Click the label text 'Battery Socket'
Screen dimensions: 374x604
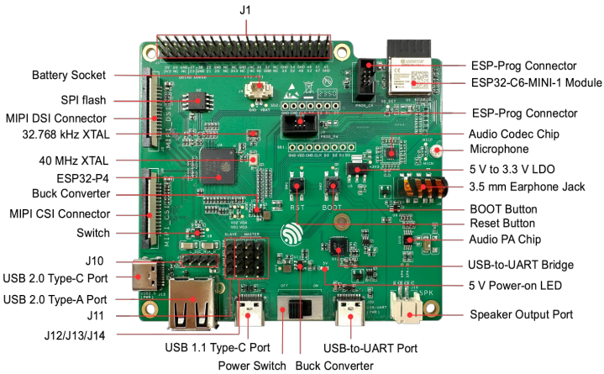(x=68, y=75)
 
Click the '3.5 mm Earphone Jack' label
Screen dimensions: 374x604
(x=522, y=186)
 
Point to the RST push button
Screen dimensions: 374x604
(x=296, y=187)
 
